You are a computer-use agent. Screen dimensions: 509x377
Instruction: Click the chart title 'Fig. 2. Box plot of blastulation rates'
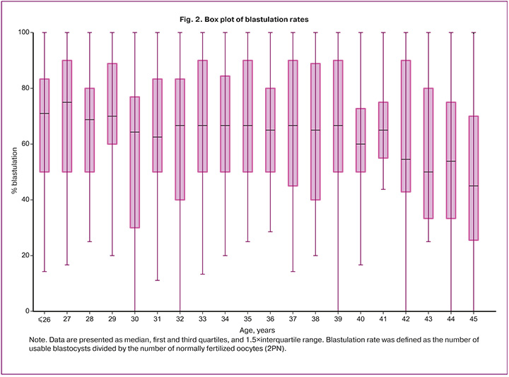tap(244, 20)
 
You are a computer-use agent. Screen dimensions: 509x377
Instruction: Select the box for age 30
tap(135, 162)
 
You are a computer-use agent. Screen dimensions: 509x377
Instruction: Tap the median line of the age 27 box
tap(67, 102)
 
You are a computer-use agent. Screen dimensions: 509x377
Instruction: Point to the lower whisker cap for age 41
tap(383, 189)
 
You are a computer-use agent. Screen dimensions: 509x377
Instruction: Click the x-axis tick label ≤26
tap(45, 319)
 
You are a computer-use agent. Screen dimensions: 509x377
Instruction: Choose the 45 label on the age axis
tap(473, 319)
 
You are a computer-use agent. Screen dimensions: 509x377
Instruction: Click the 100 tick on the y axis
tap(24, 32)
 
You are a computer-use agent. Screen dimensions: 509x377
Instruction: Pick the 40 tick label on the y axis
tap(25, 200)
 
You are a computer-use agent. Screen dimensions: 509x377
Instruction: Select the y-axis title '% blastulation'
tap(14, 171)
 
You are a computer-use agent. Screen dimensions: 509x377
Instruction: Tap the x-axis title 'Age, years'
tap(257, 330)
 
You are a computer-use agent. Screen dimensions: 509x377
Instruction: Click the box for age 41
tap(383, 130)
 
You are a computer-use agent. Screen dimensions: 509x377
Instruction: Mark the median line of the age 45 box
tap(473, 186)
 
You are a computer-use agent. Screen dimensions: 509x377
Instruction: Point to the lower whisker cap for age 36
tap(270, 232)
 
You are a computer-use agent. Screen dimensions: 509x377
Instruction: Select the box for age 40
tap(361, 140)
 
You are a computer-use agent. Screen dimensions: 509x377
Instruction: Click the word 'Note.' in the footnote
tap(37, 340)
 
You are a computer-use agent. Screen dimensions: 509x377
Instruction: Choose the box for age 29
tap(112, 104)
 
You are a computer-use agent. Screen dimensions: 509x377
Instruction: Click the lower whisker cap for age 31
tap(158, 280)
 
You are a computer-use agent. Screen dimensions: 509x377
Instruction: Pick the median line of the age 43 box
tap(428, 172)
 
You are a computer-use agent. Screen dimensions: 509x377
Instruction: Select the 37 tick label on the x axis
tap(293, 319)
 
